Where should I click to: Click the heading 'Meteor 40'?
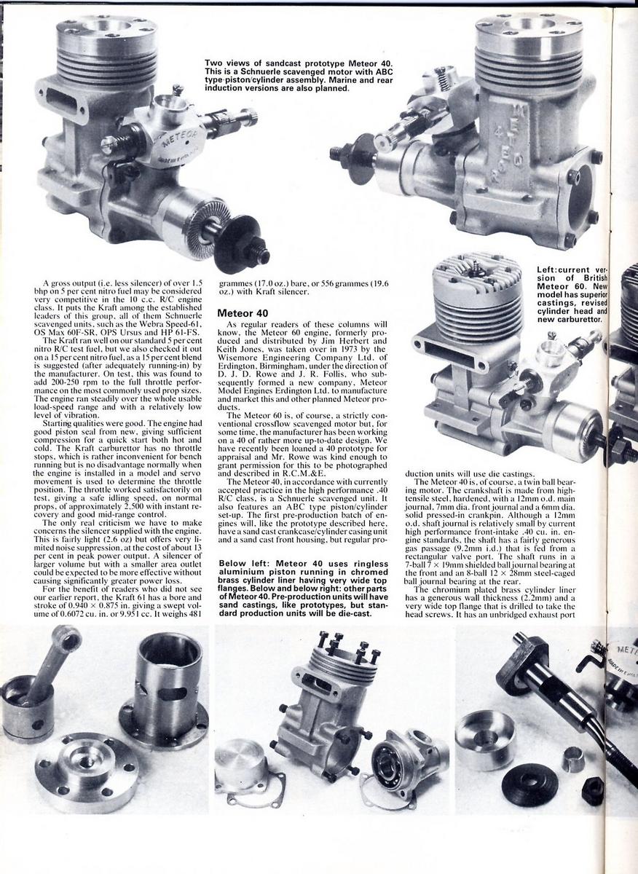click(x=243, y=312)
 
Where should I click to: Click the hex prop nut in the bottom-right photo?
click(x=592, y=791)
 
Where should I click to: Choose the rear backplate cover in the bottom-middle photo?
click(x=241, y=765)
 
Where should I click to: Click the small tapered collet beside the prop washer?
click(x=572, y=760)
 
